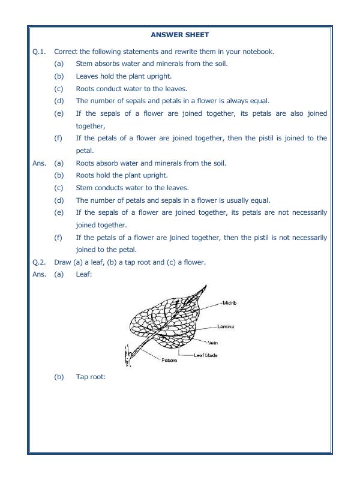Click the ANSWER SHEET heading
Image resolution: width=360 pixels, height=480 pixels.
tap(179, 35)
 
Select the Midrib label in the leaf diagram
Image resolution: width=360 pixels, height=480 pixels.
tap(230, 304)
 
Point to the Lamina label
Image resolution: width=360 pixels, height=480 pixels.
tap(226, 326)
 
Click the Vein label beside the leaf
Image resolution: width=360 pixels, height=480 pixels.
tap(213, 343)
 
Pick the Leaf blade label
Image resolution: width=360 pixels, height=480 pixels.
tap(206, 355)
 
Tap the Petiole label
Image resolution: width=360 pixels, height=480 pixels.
tap(169, 361)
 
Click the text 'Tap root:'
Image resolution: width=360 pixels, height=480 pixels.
tap(91, 377)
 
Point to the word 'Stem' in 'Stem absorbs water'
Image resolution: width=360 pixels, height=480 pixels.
tap(84, 64)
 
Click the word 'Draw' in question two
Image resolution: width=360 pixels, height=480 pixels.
tap(62, 262)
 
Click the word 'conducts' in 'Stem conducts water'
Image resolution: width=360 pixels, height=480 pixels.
tap(108, 188)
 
